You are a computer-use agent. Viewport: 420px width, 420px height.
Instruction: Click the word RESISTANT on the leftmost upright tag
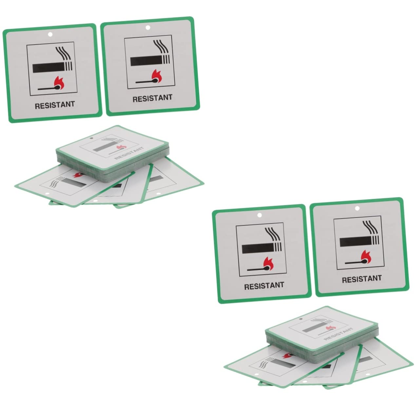[x=55, y=105]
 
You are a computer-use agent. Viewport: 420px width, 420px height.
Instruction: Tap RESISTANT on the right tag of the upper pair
[x=152, y=98]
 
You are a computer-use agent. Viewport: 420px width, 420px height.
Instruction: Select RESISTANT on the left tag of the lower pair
[x=264, y=286]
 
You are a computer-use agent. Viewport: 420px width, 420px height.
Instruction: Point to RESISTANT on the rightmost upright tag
[x=362, y=279]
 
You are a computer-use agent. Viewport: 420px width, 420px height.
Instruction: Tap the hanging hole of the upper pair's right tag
[x=148, y=28]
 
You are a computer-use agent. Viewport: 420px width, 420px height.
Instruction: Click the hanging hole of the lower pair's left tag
[x=259, y=215]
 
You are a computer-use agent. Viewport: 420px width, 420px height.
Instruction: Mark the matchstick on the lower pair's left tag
[x=259, y=269]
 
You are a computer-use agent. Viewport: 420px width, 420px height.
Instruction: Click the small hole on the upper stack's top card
[x=91, y=138]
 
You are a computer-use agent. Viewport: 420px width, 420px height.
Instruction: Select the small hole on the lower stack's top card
[x=300, y=319]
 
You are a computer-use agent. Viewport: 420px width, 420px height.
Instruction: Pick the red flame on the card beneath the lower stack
[x=287, y=355]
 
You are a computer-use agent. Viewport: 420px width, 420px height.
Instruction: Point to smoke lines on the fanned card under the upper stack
[x=56, y=182]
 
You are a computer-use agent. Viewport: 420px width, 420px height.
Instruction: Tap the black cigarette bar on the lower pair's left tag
[x=258, y=249]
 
